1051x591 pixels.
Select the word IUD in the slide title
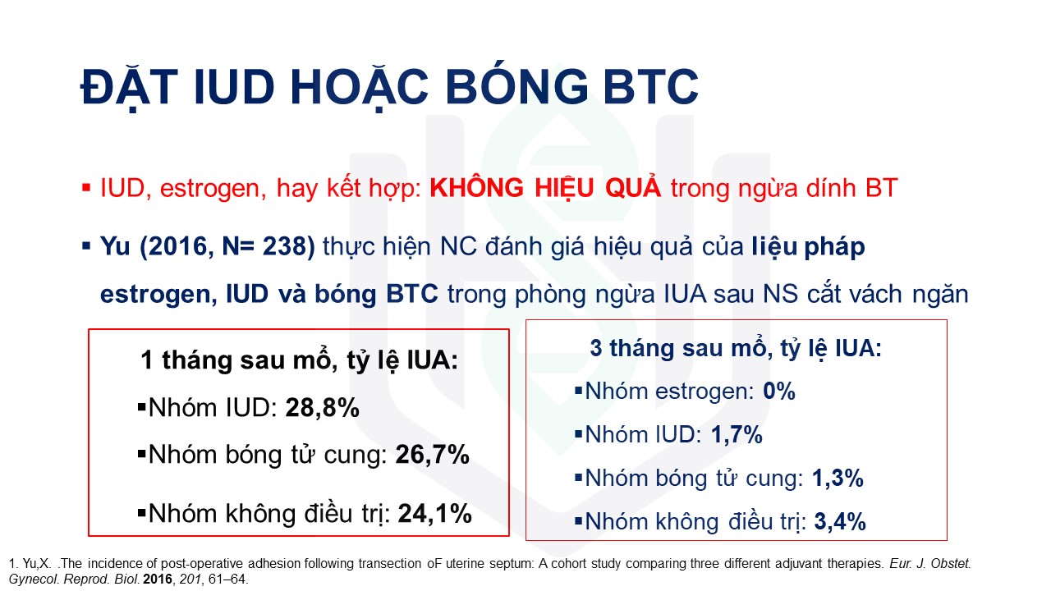(x=234, y=87)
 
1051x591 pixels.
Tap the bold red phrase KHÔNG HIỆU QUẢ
(x=545, y=188)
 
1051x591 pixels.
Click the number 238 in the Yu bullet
(x=284, y=246)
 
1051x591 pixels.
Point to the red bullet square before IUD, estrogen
(x=86, y=189)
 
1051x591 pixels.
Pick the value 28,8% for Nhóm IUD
(x=323, y=408)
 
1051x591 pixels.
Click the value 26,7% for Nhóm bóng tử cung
(x=432, y=455)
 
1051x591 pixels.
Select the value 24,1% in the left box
(x=434, y=514)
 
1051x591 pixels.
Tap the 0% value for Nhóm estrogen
(x=779, y=392)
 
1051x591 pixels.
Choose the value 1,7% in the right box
(x=737, y=434)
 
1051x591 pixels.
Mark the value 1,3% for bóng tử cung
(x=838, y=479)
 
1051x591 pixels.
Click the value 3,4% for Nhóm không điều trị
(x=840, y=521)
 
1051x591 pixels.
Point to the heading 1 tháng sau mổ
(x=299, y=360)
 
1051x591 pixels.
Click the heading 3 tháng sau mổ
(x=736, y=349)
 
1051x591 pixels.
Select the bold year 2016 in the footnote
(x=158, y=580)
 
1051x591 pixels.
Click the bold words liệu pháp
(x=808, y=247)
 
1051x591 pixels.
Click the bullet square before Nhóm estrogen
(x=579, y=390)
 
